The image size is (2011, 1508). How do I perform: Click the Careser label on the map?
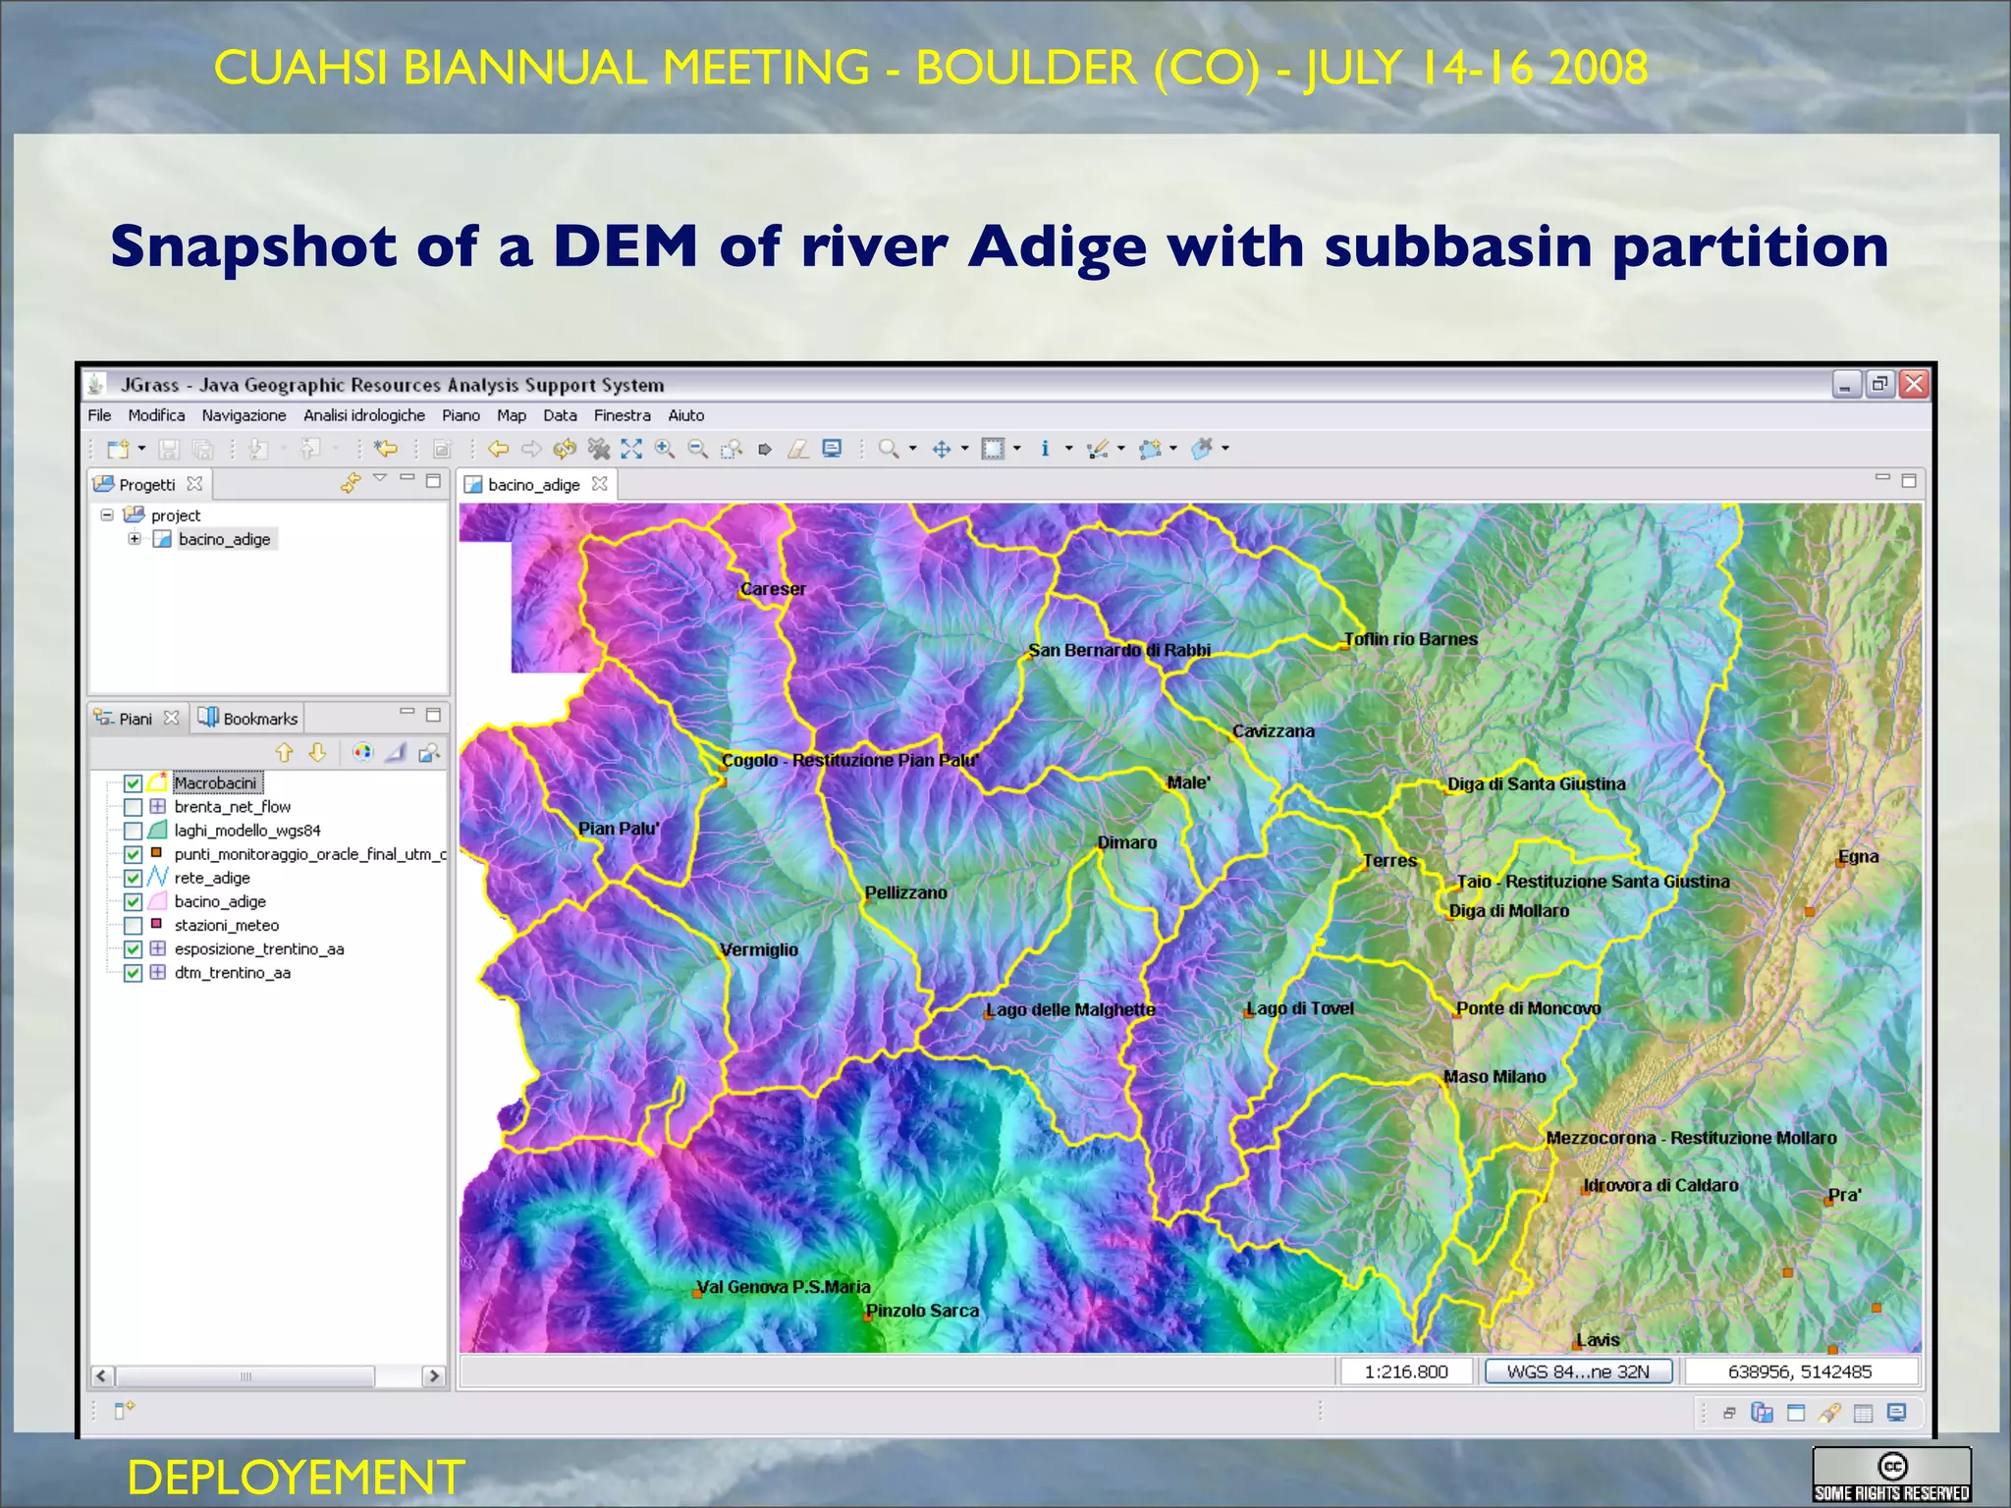pyautogui.click(x=773, y=589)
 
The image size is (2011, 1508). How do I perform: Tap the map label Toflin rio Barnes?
pyautogui.click(x=1410, y=639)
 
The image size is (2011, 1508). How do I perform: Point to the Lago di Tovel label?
pyautogui.click(x=1300, y=1008)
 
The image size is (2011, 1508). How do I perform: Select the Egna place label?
pyautogui.click(x=1858, y=856)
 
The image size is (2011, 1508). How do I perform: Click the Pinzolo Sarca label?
pyautogui.click(x=922, y=1311)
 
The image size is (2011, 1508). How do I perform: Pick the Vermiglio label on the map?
pyautogui.click(x=759, y=949)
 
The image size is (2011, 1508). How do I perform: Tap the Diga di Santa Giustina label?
pyautogui.click(x=1536, y=783)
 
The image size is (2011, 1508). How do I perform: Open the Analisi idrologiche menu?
pyautogui.click(x=363, y=415)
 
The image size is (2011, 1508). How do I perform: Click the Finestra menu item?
pyautogui.click(x=622, y=415)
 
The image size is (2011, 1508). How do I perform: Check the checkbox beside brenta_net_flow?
pyautogui.click(x=134, y=807)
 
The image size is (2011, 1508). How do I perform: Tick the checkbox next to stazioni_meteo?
pyautogui.click(x=134, y=926)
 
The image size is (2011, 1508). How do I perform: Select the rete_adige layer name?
pyautogui.click(x=212, y=878)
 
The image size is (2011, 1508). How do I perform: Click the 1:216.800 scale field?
pyautogui.click(x=1406, y=1372)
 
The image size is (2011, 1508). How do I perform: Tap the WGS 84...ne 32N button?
pyautogui.click(x=1578, y=1372)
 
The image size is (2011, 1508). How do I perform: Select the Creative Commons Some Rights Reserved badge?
pyautogui.click(x=1891, y=1475)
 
